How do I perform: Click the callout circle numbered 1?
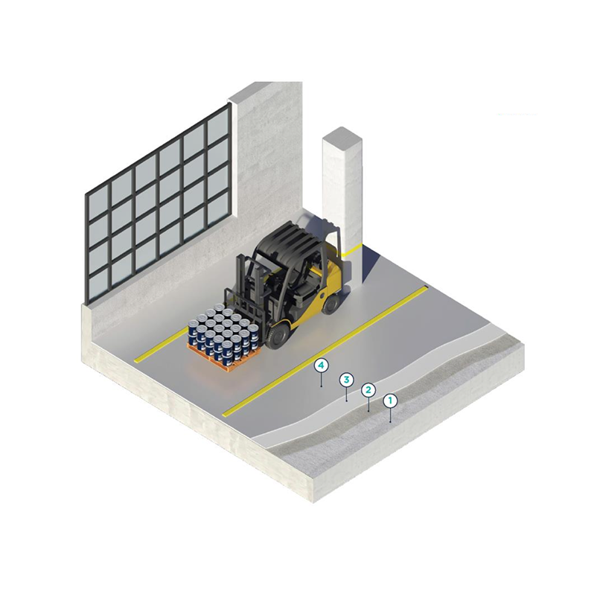390,401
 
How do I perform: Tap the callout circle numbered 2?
368,390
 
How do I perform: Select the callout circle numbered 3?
346,380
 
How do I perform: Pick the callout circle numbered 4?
322,366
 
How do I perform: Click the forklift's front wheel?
278,336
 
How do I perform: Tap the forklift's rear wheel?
331,303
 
